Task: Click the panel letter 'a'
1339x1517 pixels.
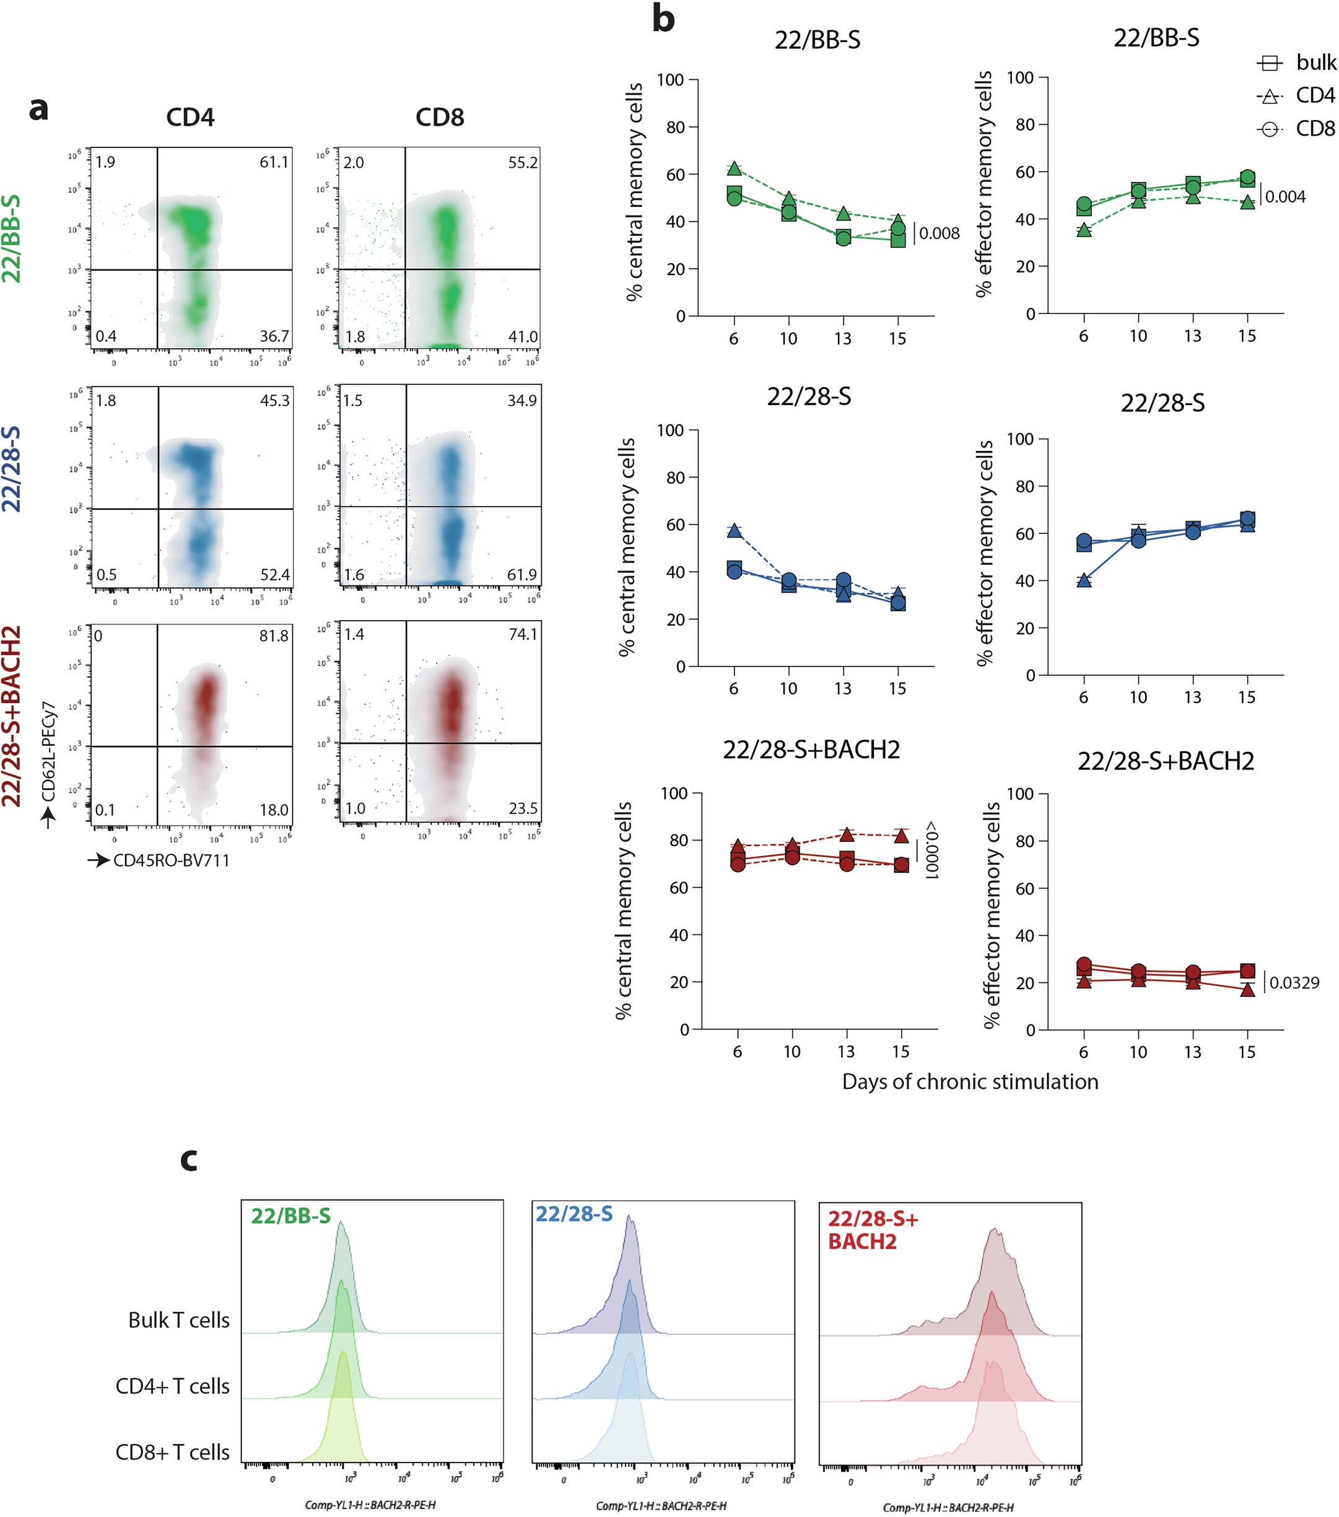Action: [38, 109]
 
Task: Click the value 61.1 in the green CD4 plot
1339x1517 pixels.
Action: [274, 162]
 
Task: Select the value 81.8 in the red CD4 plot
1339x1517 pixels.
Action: [274, 636]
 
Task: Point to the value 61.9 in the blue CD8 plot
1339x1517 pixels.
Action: [523, 574]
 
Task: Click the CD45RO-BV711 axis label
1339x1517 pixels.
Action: [171, 861]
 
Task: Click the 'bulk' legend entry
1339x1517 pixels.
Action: [1315, 63]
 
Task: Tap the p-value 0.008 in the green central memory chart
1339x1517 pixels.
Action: [939, 234]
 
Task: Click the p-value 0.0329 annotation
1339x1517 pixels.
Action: [1294, 982]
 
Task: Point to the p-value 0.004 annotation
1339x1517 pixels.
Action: [1285, 197]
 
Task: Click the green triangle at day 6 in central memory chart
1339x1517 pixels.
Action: [734, 169]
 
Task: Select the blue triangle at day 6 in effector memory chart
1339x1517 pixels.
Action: [1084, 580]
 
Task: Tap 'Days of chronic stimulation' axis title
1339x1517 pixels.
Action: [969, 1082]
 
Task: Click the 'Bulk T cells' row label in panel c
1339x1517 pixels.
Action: [179, 1320]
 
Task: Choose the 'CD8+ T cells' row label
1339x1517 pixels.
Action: [172, 1453]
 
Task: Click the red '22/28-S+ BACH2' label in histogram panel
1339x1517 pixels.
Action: [872, 1230]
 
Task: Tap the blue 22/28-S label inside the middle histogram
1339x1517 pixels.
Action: [574, 1214]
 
